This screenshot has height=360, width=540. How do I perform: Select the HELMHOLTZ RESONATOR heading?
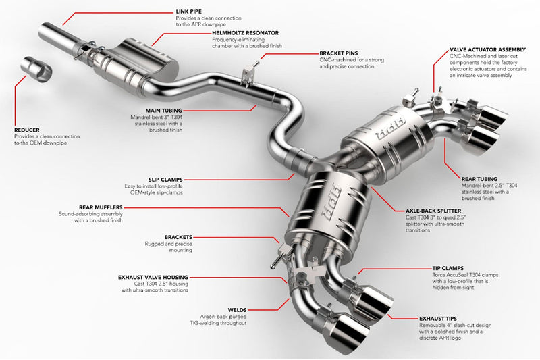pos(236,32)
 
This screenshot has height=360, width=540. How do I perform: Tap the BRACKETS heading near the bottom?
pos(178,237)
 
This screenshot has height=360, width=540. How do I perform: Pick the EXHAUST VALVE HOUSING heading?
pos(153,277)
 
